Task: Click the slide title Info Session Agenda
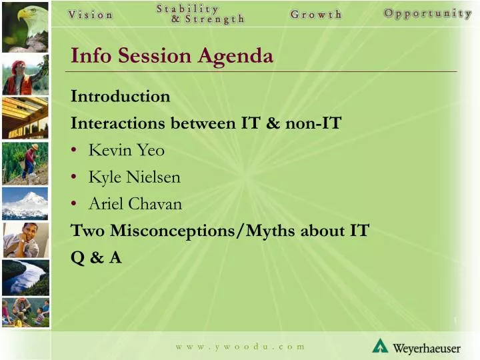point(172,55)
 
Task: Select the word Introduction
point(120,97)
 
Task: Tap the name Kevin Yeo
point(126,151)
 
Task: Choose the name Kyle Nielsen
point(134,177)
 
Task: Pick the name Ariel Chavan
point(135,204)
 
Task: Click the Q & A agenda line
point(96,258)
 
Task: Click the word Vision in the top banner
point(91,15)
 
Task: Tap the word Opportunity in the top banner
point(427,14)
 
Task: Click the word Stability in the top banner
point(187,9)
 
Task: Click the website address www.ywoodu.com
point(240,347)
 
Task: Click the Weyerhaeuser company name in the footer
point(426,348)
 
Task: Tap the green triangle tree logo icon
point(380,345)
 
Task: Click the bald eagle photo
point(25,24)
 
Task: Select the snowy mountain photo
point(25,203)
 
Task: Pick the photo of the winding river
point(25,277)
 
